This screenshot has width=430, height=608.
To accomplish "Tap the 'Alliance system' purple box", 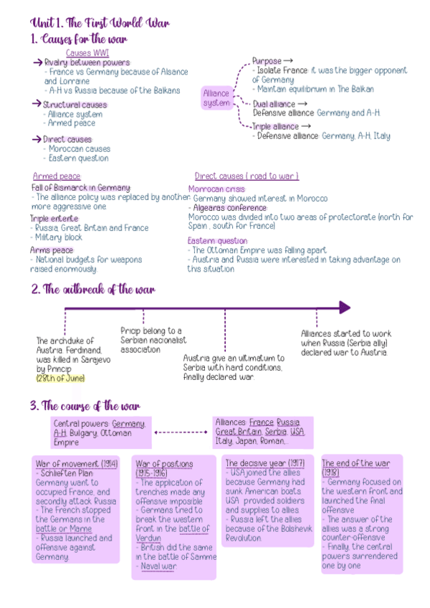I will tap(216, 98).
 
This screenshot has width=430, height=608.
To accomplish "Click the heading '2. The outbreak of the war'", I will tap(92, 290).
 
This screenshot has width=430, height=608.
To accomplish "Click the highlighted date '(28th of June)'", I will tap(60, 378).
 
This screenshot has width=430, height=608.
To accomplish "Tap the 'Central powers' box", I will tap(98, 433).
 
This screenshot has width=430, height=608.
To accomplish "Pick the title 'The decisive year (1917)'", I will tap(264, 463).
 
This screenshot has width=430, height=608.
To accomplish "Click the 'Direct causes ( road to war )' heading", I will tap(247, 176).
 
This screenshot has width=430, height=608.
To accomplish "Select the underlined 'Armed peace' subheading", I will tap(57, 176).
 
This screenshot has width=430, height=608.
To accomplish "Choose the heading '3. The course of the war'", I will tap(85, 406).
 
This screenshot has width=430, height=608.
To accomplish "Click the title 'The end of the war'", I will tap(355, 463).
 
